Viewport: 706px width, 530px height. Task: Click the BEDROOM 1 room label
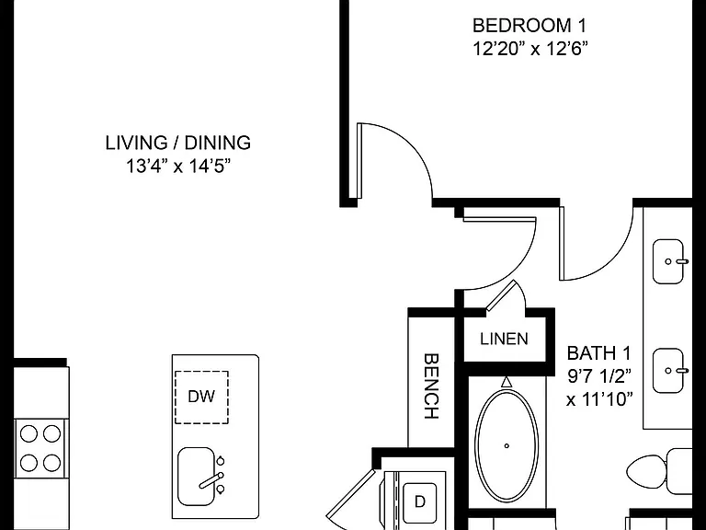click(x=529, y=25)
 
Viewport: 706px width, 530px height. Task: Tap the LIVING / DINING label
click(x=178, y=143)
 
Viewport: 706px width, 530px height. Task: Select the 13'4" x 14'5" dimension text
click(x=178, y=166)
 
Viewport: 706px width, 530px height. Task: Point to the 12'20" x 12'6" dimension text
click(x=530, y=48)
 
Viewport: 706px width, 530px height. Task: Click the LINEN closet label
click(x=504, y=339)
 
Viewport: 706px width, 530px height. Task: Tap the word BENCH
click(x=431, y=386)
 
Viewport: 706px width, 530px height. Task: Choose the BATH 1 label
click(x=598, y=353)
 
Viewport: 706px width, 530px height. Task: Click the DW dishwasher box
click(x=201, y=397)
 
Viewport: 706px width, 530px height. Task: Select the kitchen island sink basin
click(x=196, y=477)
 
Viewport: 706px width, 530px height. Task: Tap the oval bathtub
click(x=507, y=445)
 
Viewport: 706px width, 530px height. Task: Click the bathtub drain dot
click(x=507, y=445)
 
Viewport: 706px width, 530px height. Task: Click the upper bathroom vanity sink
click(x=668, y=261)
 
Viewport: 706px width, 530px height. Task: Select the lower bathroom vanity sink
click(x=668, y=371)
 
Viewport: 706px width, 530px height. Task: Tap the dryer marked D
click(x=419, y=501)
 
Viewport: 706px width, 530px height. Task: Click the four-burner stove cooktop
click(x=40, y=448)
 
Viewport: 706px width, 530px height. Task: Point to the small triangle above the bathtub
click(x=507, y=382)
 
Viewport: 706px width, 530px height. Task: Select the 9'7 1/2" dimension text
click(x=599, y=375)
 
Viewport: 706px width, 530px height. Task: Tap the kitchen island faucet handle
click(x=211, y=481)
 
